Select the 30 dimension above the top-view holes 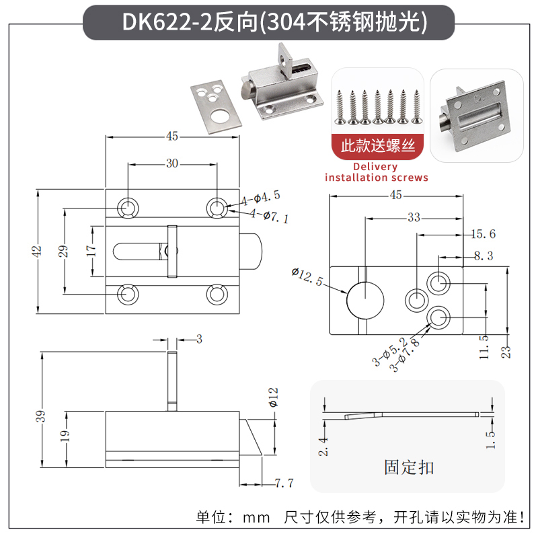(172, 163)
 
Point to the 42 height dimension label (38, 251)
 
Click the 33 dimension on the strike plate (413, 217)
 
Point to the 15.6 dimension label (482, 234)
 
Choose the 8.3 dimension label (483, 256)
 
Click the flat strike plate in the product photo (213, 104)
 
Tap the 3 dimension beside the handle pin (198, 339)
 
